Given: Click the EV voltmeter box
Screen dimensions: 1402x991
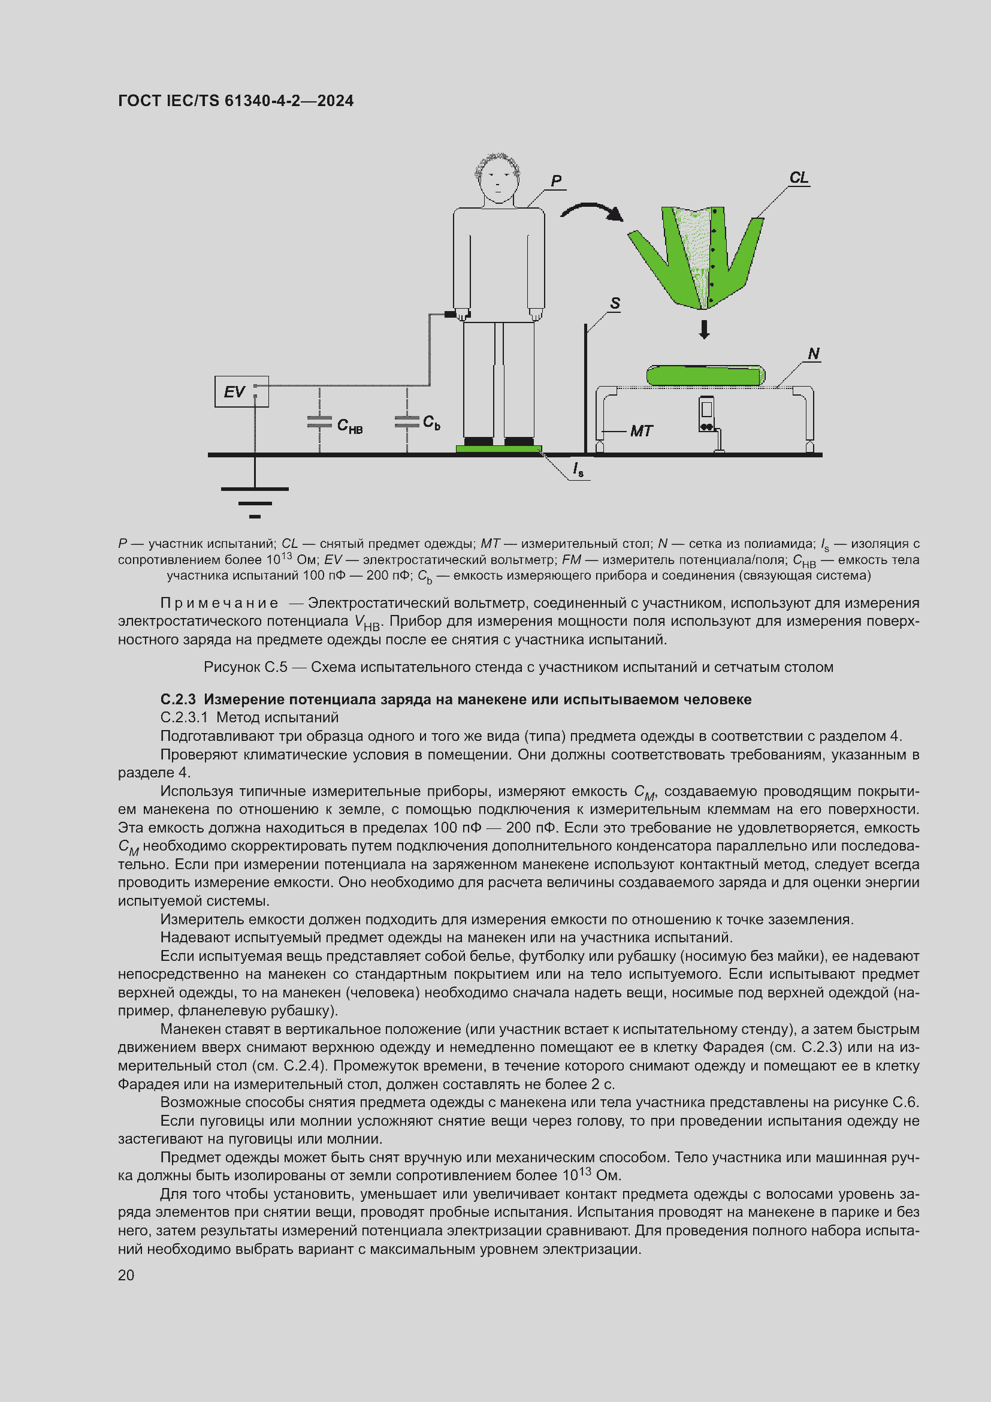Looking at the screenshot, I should coord(241,391).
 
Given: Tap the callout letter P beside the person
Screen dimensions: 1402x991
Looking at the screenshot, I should coord(555,181).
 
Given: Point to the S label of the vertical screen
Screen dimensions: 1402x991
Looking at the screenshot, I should coord(615,303).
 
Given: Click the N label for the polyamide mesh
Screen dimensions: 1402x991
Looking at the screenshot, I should coord(814,354).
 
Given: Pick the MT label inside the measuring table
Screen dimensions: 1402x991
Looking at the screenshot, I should coord(640,431).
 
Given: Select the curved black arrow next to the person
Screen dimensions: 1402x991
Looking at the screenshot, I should coord(590,211).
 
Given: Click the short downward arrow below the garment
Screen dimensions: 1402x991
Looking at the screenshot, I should coord(704,330).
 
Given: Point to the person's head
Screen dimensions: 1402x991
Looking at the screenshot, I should coord(498,178).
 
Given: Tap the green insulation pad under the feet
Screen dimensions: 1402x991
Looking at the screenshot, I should coord(498,449).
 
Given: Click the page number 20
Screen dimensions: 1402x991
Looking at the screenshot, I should coord(126,1275).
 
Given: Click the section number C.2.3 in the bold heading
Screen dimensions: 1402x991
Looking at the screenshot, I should coord(178,699).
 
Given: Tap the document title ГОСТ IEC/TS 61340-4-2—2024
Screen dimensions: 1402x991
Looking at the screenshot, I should coord(235,101).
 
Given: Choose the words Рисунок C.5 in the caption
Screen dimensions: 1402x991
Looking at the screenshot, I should coord(245,667).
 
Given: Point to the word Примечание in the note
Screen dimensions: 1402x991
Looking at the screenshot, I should coord(219,604).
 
